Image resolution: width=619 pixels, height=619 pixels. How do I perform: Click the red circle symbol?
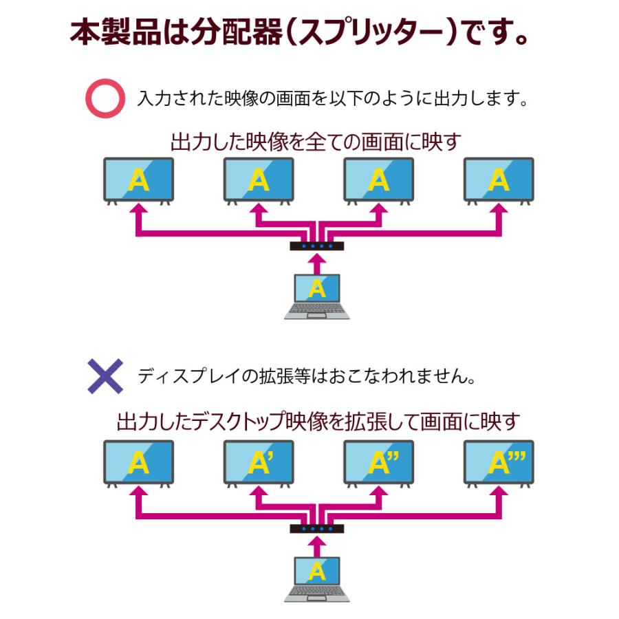(x=105, y=99)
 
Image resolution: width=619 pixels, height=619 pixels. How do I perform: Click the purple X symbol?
(x=105, y=376)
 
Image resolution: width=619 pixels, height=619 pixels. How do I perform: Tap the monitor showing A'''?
(x=499, y=463)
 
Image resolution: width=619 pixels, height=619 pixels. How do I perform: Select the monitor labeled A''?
(x=378, y=463)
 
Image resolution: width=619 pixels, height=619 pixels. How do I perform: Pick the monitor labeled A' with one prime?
(x=259, y=463)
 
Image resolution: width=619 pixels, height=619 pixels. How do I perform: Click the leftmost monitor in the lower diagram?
(x=138, y=463)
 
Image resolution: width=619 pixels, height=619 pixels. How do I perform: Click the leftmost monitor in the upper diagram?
(x=138, y=180)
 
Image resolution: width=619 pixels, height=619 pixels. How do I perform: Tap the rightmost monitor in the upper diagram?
(x=499, y=180)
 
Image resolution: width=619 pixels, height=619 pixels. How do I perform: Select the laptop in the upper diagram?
(x=316, y=296)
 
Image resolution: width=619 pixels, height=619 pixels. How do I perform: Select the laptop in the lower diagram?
(x=316, y=578)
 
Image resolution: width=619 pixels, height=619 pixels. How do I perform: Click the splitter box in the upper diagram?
(x=316, y=246)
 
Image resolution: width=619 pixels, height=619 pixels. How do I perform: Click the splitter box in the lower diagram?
(x=316, y=528)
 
